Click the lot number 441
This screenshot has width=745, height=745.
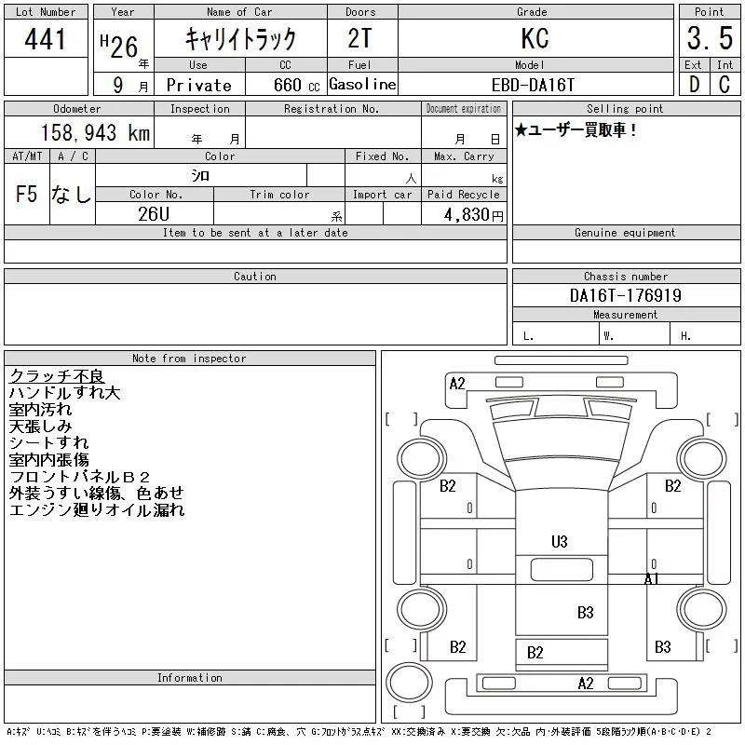click(x=45, y=39)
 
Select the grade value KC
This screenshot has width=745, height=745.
click(x=535, y=38)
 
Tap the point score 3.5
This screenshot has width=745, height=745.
click(x=710, y=38)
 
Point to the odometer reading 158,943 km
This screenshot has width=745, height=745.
click(x=95, y=132)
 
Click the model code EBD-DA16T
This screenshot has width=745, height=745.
click(x=533, y=85)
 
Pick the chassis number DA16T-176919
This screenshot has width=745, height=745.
click(x=625, y=295)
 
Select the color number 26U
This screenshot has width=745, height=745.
click(x=154, y=214)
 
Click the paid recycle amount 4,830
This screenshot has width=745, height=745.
click(x=467, y=215)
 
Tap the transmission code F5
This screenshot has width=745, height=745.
click(x=27, y=194)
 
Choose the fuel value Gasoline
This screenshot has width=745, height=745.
click(x=362, y=84)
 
